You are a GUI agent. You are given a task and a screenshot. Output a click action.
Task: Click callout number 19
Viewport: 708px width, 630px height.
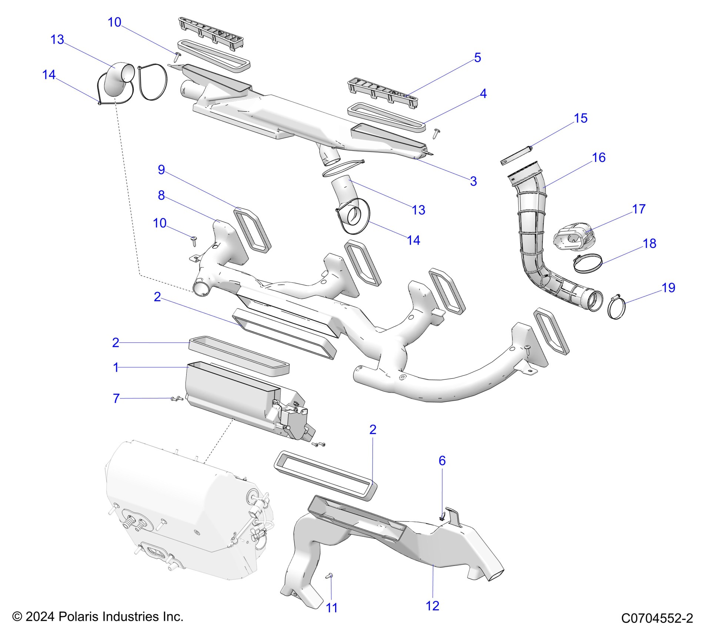pyautogui.click(x=668, y=288)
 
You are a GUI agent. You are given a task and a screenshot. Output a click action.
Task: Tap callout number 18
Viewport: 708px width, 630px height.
pyautogui.click(x=649, y=243)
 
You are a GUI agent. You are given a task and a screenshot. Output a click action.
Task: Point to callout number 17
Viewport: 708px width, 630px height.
pyautogui.click(x=639, y=209)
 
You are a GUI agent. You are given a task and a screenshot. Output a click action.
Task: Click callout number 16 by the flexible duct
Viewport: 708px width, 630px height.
pyautogui.click(x=598, y=157)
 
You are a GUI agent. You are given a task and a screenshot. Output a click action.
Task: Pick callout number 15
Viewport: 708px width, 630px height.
pyautogui.click(x=581, y=118)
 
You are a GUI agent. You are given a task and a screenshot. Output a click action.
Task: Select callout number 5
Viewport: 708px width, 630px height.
pyautogui.click(x=477, y=58)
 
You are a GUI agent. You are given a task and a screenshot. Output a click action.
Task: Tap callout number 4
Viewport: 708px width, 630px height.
pyautogui.click(x=483, y=93)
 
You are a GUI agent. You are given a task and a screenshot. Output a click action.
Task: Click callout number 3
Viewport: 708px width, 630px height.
pyautogui.click(x=473, y=181)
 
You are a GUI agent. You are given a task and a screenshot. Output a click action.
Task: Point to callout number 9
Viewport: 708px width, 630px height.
pyautogui.click(x=161, y=170)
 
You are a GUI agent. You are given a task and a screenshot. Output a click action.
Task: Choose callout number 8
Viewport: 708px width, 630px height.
pyautogui.click(x=161, y=195)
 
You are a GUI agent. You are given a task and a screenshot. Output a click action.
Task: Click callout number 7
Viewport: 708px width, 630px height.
pyautogui.click(x=116, y=398)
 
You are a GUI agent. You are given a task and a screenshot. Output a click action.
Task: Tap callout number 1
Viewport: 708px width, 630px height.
pyautogui.click(x=116, y=368)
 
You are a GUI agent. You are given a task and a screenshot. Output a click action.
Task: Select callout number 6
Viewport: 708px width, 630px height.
pyautogui.click(x=442, y=461)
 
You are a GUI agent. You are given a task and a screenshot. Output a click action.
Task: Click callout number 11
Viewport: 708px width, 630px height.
pyautogui.click(x=331, y=608)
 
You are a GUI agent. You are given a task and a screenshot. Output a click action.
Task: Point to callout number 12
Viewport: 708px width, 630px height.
pyautogui.click(x=433, y=606)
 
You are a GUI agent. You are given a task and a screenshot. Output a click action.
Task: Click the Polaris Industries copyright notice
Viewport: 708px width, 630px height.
pyautogui.click(x=98, y=617)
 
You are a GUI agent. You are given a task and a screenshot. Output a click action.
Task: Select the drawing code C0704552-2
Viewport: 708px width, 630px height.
pyautogui.click(x=657, y=619)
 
